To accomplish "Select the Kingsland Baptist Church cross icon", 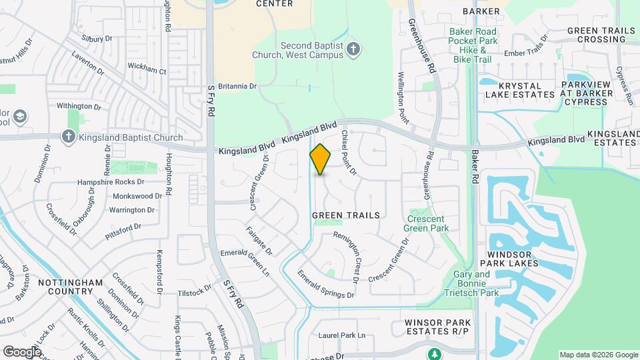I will tap(67, 138).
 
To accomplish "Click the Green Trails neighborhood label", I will tap(346, 215).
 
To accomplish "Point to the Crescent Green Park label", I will tap(427, 223).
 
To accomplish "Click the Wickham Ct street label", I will tap(147, 69).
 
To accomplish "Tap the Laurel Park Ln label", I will tap(343, 335).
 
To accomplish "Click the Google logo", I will tap(22, 351).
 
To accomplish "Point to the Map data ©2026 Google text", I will tap(599, 355).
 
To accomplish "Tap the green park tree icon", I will tap(435, 353).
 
